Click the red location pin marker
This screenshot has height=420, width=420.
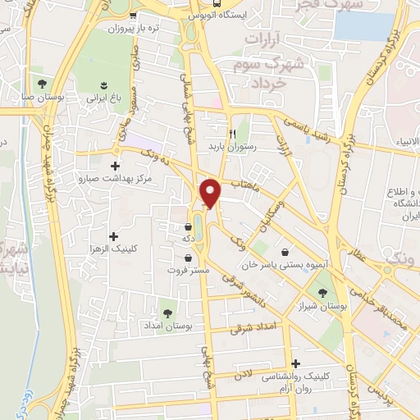point(212,193)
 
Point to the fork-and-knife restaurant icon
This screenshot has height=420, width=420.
point(233,134)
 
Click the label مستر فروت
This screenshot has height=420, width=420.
point(189,270)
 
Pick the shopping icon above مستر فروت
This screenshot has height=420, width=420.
point(189,257)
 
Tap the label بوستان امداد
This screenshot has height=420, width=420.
point(167,326)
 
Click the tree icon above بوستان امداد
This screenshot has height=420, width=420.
point(167,313)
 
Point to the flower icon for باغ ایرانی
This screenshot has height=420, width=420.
point(104,84)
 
